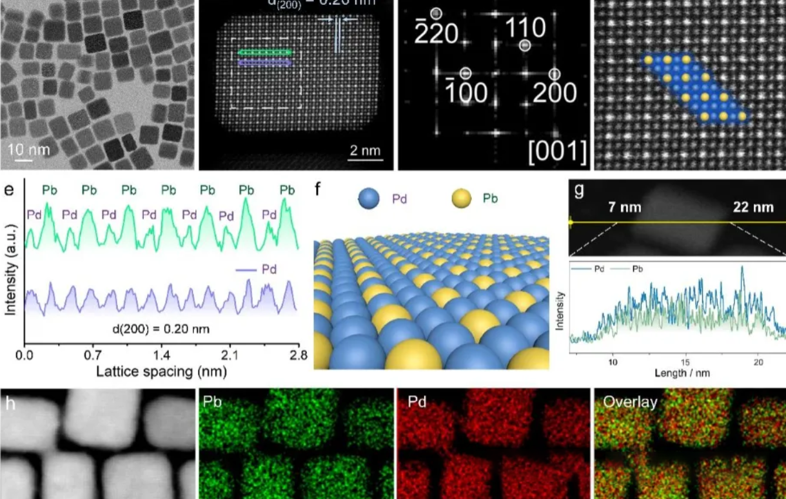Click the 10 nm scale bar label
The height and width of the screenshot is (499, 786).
tap(28, 150)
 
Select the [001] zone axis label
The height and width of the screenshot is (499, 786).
tap(558, 152)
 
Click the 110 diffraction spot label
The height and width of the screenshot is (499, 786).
tap(525, 28)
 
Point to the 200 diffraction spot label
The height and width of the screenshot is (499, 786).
tap(555, 93)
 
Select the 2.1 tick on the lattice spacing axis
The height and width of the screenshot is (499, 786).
tap(230, 355)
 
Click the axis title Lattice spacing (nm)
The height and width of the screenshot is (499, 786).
tap(161, 371)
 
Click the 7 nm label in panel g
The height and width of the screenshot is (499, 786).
tap(624, 207)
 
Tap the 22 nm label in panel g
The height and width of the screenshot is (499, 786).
tap(752, 207)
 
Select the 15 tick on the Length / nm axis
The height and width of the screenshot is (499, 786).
tap(686, 362)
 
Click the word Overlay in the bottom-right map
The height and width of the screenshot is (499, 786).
tap(629, 403)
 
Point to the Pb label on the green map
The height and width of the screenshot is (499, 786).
tap(213, 403)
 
